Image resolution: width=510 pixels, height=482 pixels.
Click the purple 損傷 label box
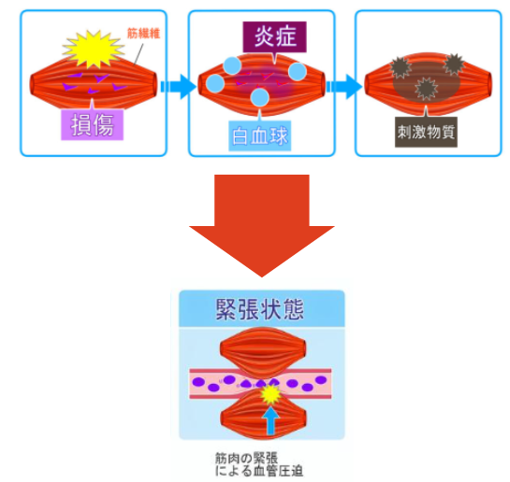tap(92, 125)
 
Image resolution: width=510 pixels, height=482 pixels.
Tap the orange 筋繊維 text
tap(143, 33)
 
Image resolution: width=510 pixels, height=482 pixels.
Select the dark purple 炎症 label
tap(274, 36)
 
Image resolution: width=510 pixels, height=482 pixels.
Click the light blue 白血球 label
tap(259, 135)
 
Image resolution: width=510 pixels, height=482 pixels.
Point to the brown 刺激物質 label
tap(426, 132)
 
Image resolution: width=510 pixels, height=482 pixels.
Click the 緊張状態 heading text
tap(259, 309)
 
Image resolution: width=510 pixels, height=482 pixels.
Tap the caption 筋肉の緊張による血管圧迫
tap(259, 464)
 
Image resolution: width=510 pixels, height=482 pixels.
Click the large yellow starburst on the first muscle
tap(94, 49)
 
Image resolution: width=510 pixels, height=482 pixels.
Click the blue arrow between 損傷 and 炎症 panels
tap(179, 86)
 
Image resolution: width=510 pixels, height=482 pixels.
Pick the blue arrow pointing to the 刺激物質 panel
tap(344, 86)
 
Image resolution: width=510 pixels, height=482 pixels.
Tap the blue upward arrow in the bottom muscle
tap(270, 420)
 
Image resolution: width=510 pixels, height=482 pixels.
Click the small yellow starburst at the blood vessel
tap(270, 394)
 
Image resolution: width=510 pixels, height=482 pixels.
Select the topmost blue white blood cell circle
tap(232, 66)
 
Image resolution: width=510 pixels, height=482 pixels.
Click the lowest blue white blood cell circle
tap(260, 97)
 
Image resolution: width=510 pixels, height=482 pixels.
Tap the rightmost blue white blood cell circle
tap(298, 72)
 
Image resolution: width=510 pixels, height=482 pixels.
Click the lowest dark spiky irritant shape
tap(426, 89)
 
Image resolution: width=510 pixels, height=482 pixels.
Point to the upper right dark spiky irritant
tap(454, 64)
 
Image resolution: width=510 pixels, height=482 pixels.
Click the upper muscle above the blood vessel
tap(263, 352)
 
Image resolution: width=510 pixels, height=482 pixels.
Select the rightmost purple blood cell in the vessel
tap(321, 380)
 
